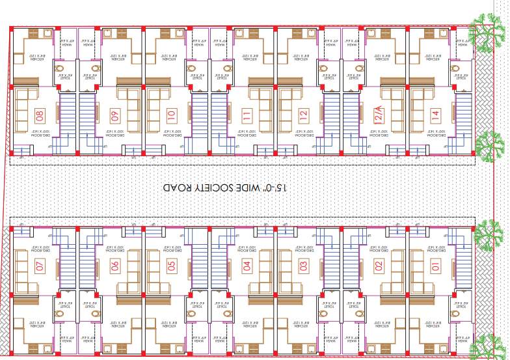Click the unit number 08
pos(40,116)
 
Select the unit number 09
pos(115,116)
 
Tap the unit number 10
pos(171,116)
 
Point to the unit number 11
pos(247,116)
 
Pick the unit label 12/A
pos(379,115)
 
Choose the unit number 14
pos(435,115)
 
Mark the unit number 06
pos(114,266)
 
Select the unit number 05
pos(171,266)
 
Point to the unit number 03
pos(303,266)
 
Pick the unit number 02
pos(379,266)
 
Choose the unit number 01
pos(435,266)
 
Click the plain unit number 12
pos(303,116)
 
